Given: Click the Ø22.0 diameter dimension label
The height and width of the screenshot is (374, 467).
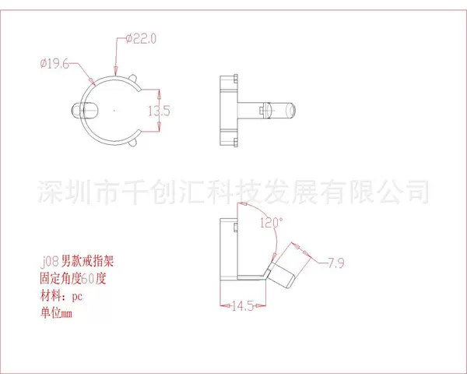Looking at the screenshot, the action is click(x=141, y=39).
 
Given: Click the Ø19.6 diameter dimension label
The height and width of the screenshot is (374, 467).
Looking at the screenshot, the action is click(x=54, y=64).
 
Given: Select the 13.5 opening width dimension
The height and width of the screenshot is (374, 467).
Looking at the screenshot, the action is click(x=159, y=111).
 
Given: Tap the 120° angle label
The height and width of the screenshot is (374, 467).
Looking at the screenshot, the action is click(x=272, y=223).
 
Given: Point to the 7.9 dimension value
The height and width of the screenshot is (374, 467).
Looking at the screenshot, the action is click(x=335, y=263).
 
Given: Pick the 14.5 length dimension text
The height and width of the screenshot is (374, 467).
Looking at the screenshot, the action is click(x=243, y=306).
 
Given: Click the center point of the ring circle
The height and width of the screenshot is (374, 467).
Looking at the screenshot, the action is click(x=114, y=111).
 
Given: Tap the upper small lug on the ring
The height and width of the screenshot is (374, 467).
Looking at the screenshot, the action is click(x=133, y=79).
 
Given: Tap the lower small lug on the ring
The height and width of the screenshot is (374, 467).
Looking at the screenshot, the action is click(x=133, y=143).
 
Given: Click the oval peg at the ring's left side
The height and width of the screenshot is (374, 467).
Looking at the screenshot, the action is click(x=85, y=111).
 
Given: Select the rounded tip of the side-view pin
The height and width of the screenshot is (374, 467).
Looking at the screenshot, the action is click(x=290, y=111).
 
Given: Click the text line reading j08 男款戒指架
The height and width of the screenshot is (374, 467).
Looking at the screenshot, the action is click(x=77, y=262).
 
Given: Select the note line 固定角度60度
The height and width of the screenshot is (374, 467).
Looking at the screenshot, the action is click(x=73, y=279).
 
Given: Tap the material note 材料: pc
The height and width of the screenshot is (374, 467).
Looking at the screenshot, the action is click(x=61, y=296).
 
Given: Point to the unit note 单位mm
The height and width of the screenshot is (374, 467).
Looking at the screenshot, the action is click(x=56, y=313).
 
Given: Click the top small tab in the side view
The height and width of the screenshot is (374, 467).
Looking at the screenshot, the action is click(x=236, y=79).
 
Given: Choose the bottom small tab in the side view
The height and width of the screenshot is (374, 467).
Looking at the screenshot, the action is click(x=236, y=142).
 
